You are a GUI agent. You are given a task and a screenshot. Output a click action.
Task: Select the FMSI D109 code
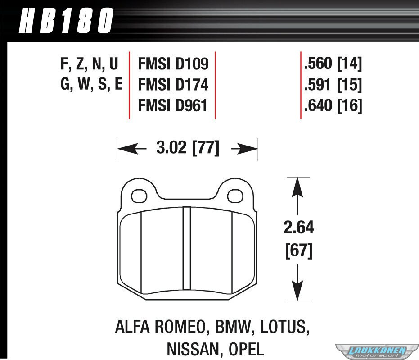pos(173,64)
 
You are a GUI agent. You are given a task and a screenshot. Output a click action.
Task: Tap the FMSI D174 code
pos(173,85)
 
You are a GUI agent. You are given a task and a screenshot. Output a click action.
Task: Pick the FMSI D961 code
pos(173,105)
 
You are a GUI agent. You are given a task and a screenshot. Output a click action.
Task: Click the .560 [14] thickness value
pos(333,64)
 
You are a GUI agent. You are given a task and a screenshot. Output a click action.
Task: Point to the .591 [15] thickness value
pos(333,85)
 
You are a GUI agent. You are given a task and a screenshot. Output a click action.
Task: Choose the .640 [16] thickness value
pos(333,105)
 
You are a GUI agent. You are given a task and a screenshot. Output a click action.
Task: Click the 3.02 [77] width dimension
pos(188,148)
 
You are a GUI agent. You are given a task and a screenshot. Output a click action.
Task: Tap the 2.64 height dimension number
pos(299,228)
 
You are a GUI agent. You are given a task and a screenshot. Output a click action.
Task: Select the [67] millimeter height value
pos(299,251)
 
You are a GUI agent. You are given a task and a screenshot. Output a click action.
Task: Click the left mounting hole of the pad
pos(139,196)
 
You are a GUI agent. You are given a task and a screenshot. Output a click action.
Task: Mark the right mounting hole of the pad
pos(235,196)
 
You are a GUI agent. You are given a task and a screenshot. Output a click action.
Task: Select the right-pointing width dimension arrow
pos(244,148)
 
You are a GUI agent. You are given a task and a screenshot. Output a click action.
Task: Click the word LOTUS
pos(285,327)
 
